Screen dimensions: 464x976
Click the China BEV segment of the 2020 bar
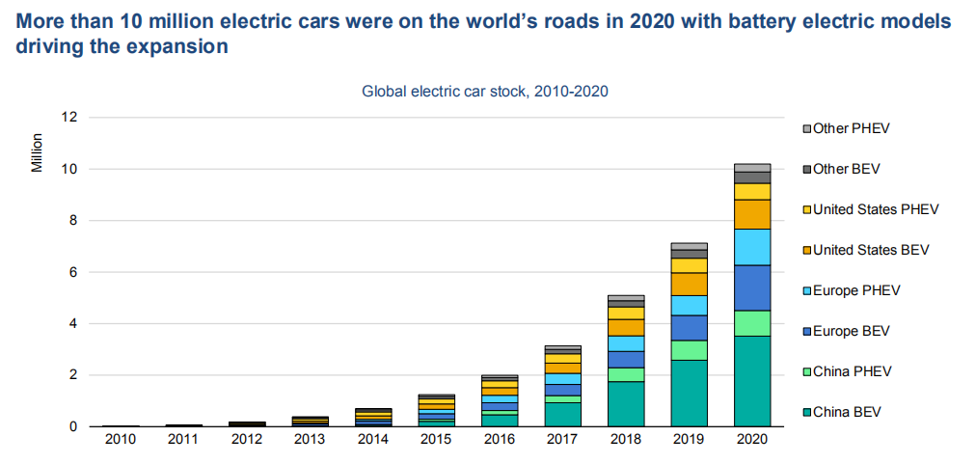[752, 381]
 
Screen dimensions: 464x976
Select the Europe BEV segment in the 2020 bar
[752, 287]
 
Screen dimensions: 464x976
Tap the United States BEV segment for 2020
[752, 214]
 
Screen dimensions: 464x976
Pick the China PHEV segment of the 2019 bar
[689, 350]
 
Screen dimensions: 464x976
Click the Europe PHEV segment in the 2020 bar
[752, 247]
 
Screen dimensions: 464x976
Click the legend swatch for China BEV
[807, 413]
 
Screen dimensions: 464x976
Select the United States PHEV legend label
[876, 209]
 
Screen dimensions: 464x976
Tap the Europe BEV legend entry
[851, 331]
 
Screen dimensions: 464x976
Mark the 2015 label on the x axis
[436, 440]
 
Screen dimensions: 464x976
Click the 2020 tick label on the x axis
[752, 440]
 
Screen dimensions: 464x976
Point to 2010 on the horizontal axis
[120, 440]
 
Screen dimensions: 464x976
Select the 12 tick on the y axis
[69, 118]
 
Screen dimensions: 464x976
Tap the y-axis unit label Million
[37, 150]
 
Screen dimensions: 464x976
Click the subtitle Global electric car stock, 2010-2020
[485, 92]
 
